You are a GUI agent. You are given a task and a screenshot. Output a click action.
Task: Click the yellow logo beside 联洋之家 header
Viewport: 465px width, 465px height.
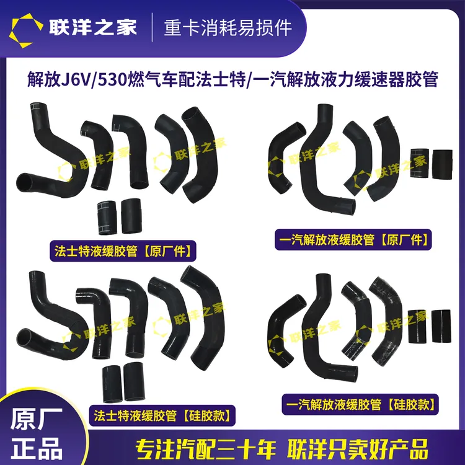pos(25,30)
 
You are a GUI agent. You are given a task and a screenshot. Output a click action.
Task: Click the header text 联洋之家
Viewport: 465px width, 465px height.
pos(93,27)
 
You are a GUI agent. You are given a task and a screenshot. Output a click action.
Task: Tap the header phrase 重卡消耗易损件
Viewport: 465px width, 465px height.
pos(228,28)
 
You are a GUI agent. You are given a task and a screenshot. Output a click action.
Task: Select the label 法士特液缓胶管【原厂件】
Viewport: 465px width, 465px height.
pos(123,251)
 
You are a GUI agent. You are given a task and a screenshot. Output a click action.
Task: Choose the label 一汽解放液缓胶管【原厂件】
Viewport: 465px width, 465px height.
pos(353,239)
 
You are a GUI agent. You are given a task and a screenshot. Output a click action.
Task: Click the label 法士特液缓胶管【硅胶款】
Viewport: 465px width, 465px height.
pos(162,415)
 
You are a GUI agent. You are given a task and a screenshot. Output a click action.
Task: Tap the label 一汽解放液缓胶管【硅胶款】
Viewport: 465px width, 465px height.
pos(360,404)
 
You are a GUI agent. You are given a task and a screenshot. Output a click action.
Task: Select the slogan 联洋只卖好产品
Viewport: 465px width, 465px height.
pos(357,449)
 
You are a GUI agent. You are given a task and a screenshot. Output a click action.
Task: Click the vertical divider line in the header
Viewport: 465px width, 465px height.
pos(152,27)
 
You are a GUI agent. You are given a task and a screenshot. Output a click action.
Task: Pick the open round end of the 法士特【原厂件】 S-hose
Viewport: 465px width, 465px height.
pos(25,182)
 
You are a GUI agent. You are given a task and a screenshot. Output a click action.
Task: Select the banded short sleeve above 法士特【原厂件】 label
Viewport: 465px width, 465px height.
pos(107,218)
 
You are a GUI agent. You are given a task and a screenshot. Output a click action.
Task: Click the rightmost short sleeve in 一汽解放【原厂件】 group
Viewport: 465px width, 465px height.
pos(442,164)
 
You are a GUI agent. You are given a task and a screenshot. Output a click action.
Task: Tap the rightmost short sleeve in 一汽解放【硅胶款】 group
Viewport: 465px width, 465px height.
pos(441,326)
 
